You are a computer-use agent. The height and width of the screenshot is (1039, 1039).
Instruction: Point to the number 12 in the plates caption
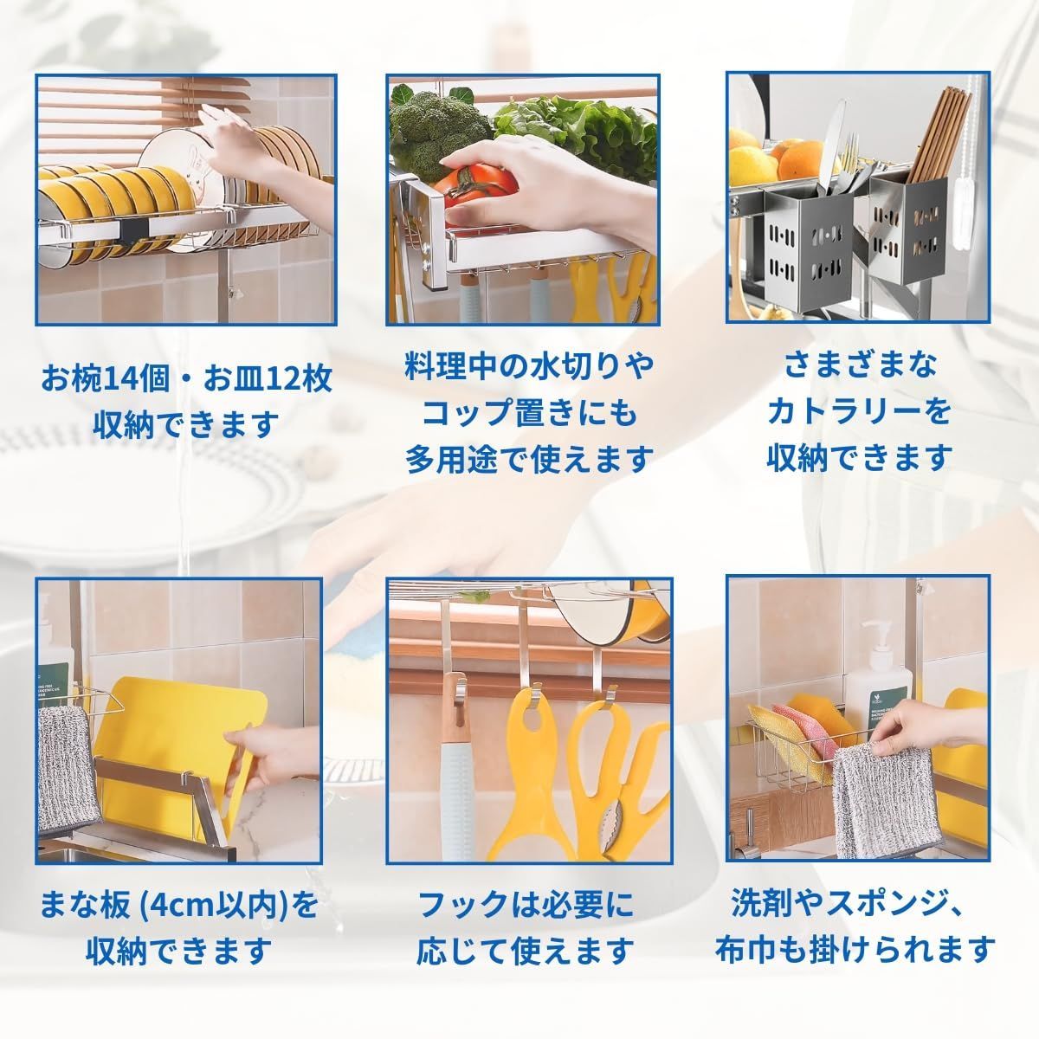pyautogui.click(x=269, y=380)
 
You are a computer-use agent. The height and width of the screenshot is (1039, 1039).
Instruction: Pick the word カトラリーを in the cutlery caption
pyautogui.click(x=860, y=411)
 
